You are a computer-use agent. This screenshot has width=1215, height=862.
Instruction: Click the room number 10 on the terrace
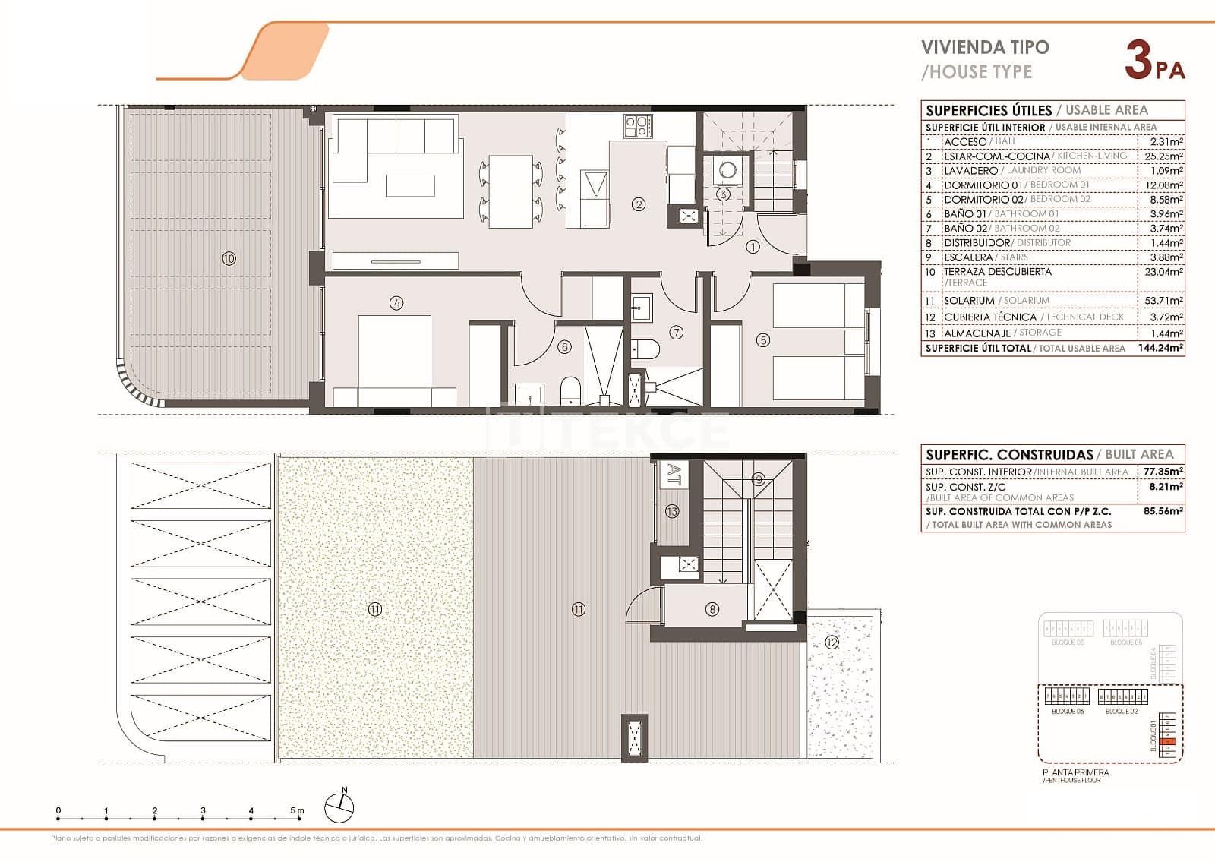pos(229,258)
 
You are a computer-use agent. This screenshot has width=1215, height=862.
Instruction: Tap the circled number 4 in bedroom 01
pos(396,303)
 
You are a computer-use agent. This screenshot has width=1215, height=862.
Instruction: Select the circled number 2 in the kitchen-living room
pos(639,204)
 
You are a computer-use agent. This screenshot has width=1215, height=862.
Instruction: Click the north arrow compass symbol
pos(339,807)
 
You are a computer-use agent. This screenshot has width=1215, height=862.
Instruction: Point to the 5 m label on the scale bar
pos(297,811)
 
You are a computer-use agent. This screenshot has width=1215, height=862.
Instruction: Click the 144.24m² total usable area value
pos(1161,348)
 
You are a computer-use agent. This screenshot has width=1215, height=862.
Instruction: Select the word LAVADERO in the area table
pos(970,171)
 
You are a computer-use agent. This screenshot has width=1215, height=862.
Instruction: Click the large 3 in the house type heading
pos(1138,60)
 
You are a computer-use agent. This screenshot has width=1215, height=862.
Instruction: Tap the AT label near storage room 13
pos(674,474)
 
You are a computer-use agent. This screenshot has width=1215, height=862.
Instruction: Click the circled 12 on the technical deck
pos(832,643)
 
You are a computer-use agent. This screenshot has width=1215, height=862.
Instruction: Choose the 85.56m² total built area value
pos(1163,511)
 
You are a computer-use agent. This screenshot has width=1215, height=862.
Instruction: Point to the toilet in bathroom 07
pos(647,349)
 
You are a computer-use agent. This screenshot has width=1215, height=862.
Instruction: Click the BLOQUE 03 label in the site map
pos(1068,712)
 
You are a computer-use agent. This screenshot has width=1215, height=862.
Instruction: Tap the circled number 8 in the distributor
pos(712,608)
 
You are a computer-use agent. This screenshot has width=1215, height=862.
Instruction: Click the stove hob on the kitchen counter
pos(637,125)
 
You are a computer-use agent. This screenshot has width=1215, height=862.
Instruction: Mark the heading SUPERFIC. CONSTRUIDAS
pos(1008,455)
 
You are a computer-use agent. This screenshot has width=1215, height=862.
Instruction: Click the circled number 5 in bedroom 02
pos(763,341)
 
